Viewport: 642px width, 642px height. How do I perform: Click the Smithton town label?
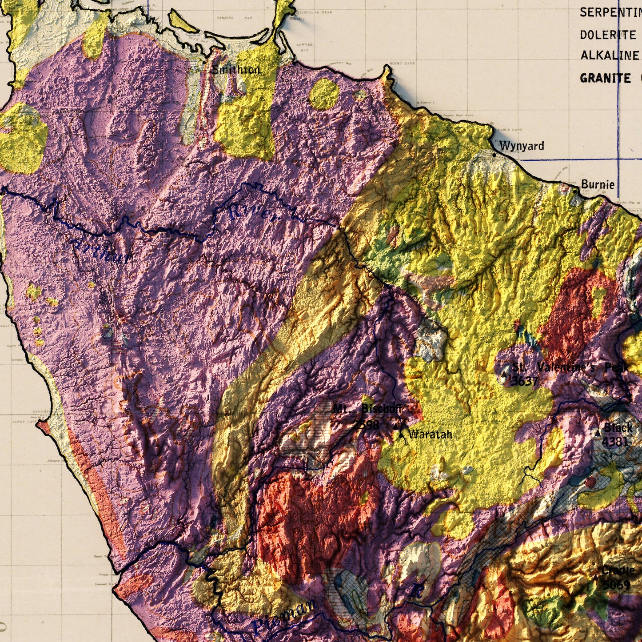(x=236, y=70)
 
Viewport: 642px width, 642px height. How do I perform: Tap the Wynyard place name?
(x=521, y=146)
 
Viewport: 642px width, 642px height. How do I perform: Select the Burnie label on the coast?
(x=598, y=184)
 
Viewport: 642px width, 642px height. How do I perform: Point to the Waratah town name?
(x=430, y=434)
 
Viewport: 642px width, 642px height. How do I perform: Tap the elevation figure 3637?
(x=524, y=381)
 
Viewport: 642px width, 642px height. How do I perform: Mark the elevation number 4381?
(x=615, y=441)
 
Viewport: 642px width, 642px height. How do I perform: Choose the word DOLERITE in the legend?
(x=608, y=35)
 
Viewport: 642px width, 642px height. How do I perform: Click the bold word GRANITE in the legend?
(x=605, y=78)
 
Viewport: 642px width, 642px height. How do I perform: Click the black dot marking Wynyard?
(x=494, y=155)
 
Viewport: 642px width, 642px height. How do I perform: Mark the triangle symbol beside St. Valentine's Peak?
(x=504, y=375)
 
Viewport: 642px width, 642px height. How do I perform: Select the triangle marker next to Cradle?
(x=595, y=577)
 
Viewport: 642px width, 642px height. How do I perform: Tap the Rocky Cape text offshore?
(x=402, y=64)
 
